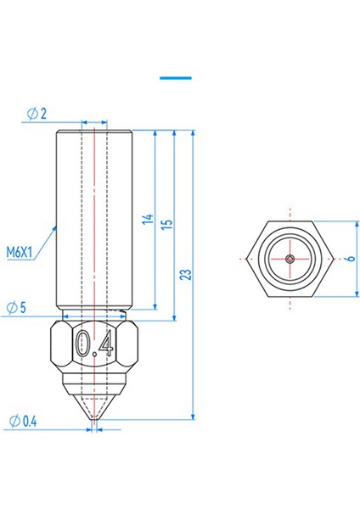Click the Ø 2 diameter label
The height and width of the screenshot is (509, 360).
(38, 114)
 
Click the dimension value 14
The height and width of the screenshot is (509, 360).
(147, 220)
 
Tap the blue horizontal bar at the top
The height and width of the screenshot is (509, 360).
(176, 77)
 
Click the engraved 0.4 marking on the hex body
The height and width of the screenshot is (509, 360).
(94, 343)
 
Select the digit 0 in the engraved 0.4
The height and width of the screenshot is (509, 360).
(82, 343)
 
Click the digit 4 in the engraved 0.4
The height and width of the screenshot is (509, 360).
(105, 343)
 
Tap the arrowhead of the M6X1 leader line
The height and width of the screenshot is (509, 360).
(56, 227)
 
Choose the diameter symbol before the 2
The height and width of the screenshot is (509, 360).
(31, 114)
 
